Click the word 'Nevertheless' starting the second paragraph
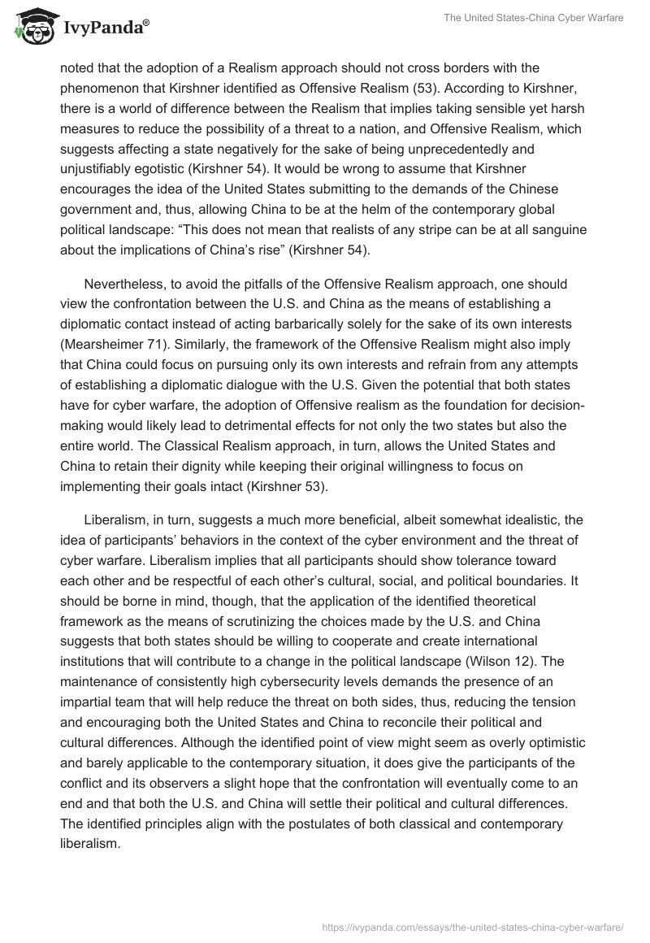point(124,285)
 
